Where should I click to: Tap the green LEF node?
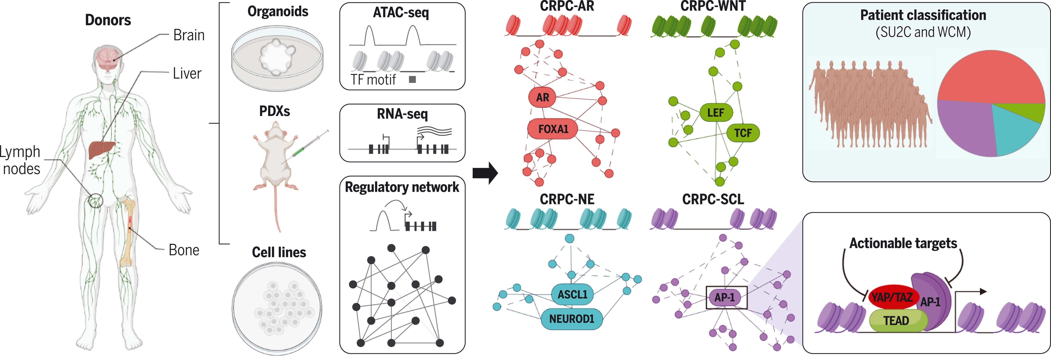[x=716, y=113]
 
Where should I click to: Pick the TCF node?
[x=743, y=133]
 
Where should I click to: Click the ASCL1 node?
[x=572, y=294]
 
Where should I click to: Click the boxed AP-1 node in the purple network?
[x=726, y=297]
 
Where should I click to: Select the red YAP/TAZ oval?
[x=892, y=297]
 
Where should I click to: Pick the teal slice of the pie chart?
[x=1012, y=131]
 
